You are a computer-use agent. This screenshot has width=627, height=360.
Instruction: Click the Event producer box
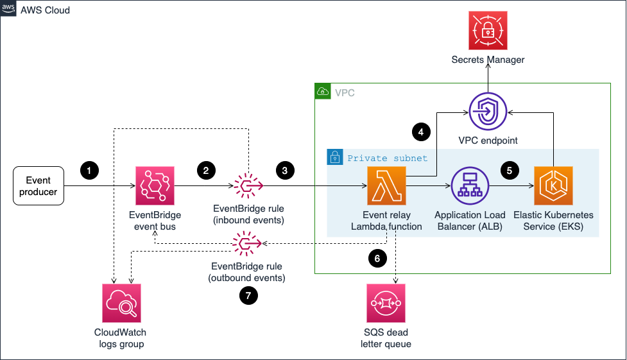39,187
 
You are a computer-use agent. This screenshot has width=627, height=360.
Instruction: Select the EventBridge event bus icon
155,187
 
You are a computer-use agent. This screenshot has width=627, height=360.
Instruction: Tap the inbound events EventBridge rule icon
246,187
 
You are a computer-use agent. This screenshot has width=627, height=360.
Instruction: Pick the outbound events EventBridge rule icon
246,243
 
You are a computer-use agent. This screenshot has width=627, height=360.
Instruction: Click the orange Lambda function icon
387,187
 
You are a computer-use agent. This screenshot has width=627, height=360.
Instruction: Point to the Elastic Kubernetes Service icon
553,187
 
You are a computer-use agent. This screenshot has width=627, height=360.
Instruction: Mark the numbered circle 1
89,171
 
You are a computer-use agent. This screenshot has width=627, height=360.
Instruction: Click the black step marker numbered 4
421,133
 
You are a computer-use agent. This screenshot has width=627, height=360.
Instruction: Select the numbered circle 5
510,171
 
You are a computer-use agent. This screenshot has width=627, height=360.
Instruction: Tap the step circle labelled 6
377,259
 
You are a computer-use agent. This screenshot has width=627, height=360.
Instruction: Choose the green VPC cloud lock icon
323,92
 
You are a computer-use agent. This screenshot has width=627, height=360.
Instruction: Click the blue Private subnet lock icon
334,157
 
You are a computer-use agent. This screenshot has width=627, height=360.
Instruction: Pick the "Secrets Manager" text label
488,60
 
